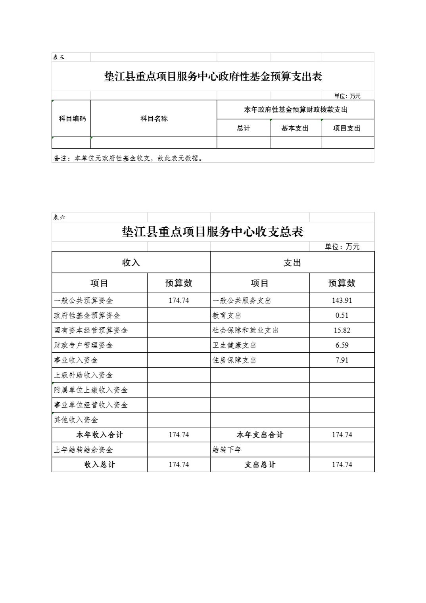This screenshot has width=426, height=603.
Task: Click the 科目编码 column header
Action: pyautogui.click(x=72, y=119)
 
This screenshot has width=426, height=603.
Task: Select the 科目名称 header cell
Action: pyautogui.click(x=154, y=119)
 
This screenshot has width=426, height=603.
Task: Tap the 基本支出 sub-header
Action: pyautogui.click(x=295, y=128)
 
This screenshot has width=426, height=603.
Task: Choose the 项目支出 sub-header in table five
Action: pyautogui.click(x=347, y=128)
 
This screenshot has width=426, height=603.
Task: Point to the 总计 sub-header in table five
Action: pyautogui.click(x=243, y=128)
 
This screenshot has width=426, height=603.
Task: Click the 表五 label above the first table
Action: pyautogui.click(x=59, y=57)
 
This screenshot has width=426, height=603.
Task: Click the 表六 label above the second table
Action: pyautogui.click(x=59, y=217)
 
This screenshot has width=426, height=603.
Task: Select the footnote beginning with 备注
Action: pyautogui.click(x=129, y=158)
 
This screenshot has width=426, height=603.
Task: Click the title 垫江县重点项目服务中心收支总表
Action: pyautogui.click(x=213, y=232)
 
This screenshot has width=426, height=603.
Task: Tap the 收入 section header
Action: pyautogui.click(x=131, y=263)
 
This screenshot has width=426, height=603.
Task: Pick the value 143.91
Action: pyautogui.click(x=342, y=300)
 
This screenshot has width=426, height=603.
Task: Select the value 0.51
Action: pyautogui.click(x=342, y=315)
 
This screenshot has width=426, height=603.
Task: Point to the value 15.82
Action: pyautogui.click(x=342, y=330)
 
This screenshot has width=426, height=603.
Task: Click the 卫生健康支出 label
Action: pyautogui.click(x=234, y=345)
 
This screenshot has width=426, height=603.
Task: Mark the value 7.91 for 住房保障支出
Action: pyautogui.click(x=342, y=360)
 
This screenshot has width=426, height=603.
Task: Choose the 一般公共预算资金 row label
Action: pyautogui.click(x=83, y=300)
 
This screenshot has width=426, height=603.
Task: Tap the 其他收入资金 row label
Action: pyautogui.click(x=76, y=420)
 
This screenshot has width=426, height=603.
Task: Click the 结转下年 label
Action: pyautogui.click(x=227, y=449)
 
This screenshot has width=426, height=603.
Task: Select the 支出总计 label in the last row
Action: pyautogui.click(x=260, y=465)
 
